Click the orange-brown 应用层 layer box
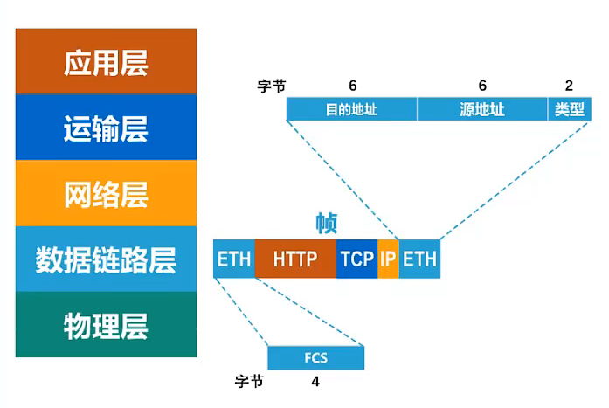(x=106, y=61)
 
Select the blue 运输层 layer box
(x=106, y=128)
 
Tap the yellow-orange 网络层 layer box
(x=106, y=193)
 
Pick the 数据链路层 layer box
(x=106, y=259)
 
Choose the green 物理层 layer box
(x=106, y=325)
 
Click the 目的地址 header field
(x=351, y=109)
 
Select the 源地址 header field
(x=482, y=109)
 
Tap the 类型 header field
(x=569, y=109)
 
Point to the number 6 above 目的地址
(x=352, y=86)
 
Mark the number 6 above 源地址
(x=481, y=86)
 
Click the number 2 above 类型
(x=569, y=86)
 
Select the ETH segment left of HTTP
(x=234, y=259)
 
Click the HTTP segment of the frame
(x=295, y=259)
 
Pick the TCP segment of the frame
(x=356, y=259)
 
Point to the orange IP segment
(x=388, y=259)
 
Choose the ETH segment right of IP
(x=419, y=259)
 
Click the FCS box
(x=315, y=358)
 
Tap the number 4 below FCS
(x=315, y=382)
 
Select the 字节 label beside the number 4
(x=249, y=382)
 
